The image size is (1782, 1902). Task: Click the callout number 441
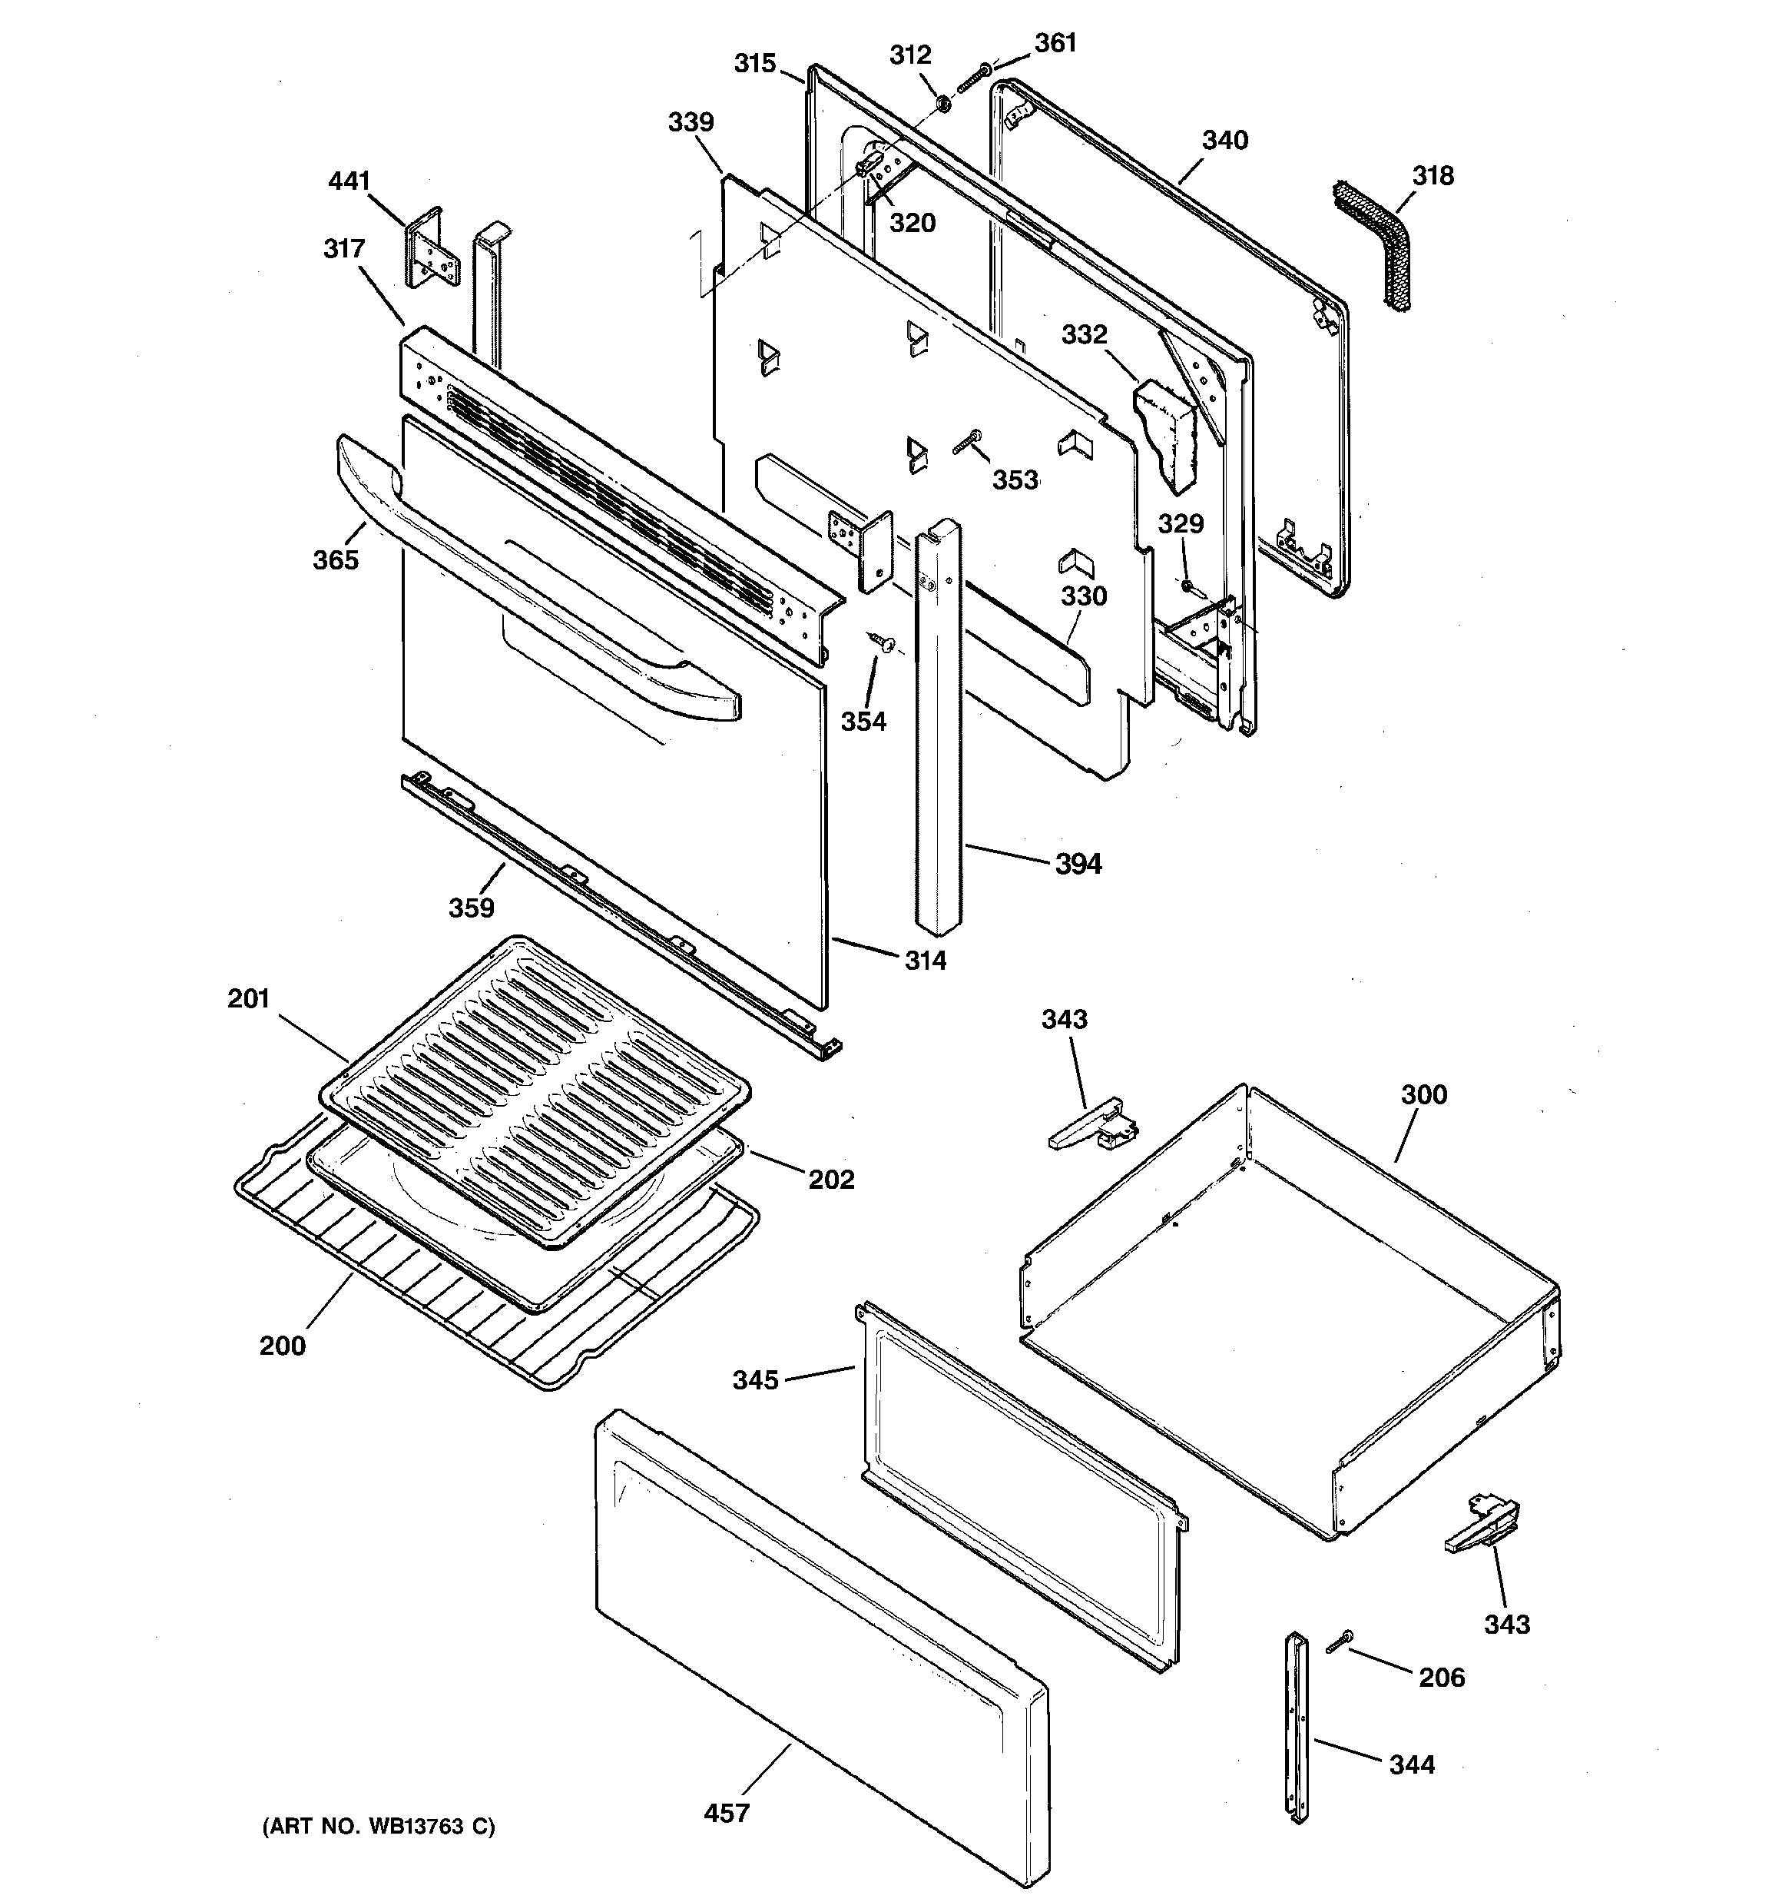(x=349, y=181)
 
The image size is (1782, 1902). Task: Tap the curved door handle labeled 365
(x=535, y=574)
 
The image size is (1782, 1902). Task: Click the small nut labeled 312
(x=940, y=102)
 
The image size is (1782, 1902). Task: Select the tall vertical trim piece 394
(x=939, y=727)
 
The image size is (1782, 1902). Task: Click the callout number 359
(x=472, y=908)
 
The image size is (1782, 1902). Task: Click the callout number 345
(x=756, y=1379)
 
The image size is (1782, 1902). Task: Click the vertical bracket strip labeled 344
(x=1295, y=1727)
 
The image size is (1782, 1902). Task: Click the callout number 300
(x=1424, y=1094)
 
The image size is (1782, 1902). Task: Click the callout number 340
(x=1225, y=141)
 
